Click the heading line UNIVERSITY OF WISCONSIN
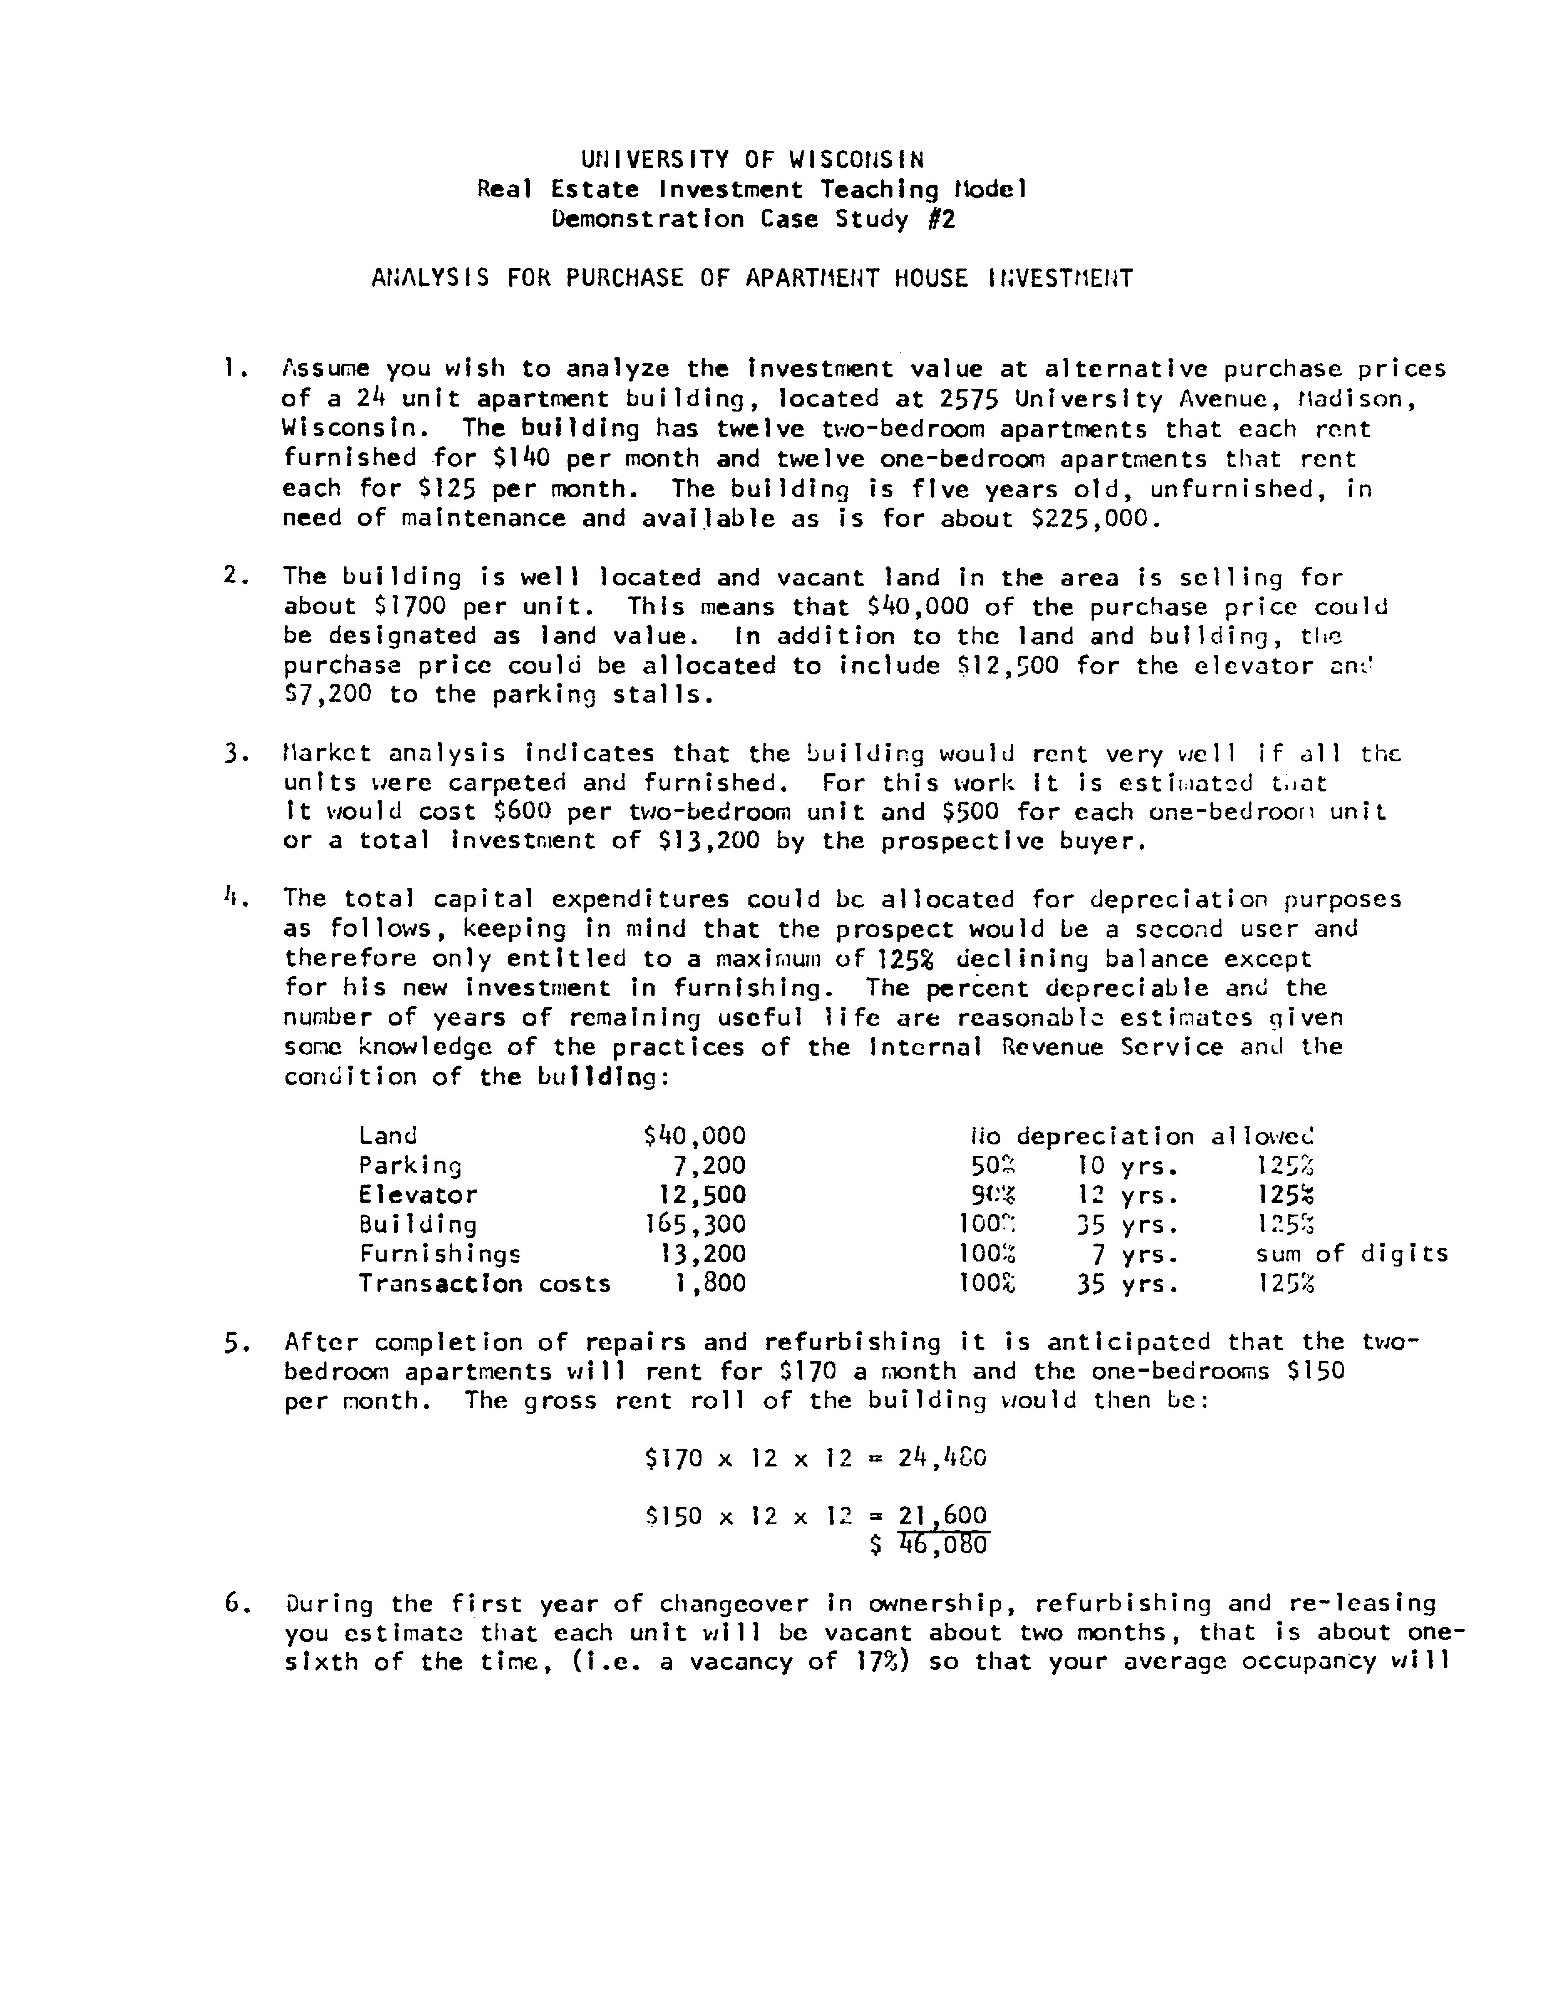click(752, 160)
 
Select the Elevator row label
click(418, 1195)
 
